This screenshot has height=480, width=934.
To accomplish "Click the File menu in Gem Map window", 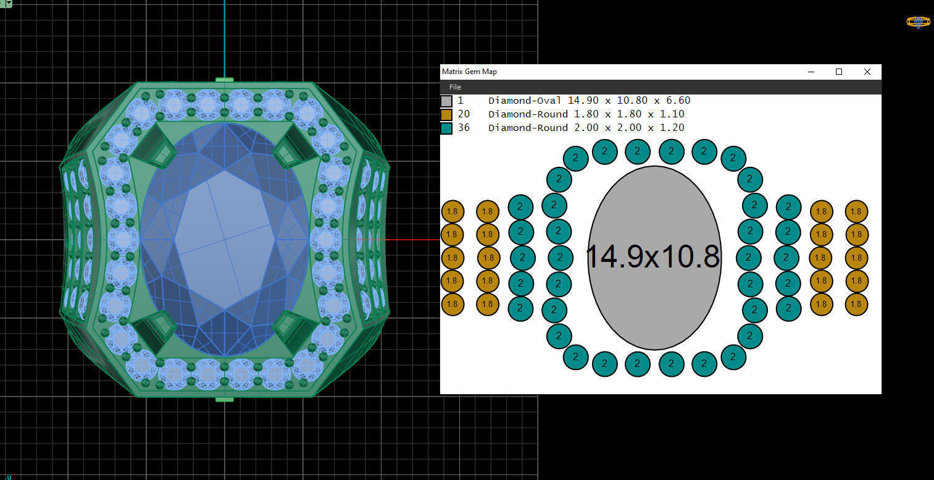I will click(455, 87).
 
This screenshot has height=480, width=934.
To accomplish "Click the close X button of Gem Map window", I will click(867, 72).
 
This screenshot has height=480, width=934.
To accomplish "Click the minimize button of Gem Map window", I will click(811, 72).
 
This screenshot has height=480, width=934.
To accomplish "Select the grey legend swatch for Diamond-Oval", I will click(446, 101).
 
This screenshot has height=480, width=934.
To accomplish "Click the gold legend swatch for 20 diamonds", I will click(446, 114).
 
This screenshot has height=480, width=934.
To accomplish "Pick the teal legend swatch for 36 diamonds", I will click(446, 128).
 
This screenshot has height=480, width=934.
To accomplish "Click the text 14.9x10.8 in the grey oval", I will click(653, 257).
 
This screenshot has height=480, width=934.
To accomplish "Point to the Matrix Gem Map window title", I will click(469, 72).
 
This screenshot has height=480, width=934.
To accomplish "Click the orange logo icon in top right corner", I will click(918, 22).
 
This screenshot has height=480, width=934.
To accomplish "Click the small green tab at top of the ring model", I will click(225, 80).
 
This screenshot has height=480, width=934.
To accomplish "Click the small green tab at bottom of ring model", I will click(225, 399).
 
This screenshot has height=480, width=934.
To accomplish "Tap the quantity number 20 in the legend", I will click(464, 114).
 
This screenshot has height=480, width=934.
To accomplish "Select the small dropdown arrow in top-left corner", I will click(9, 3).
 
